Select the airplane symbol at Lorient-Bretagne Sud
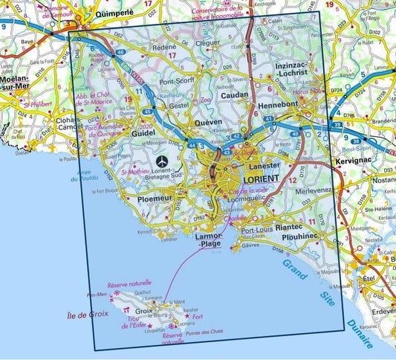point(163,161)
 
